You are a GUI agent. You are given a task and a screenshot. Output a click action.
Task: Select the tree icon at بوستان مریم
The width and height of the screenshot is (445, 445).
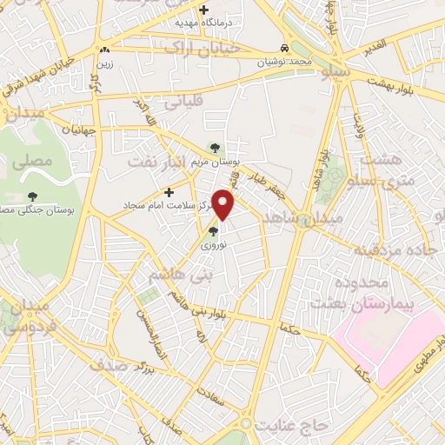click(x=216, y=147)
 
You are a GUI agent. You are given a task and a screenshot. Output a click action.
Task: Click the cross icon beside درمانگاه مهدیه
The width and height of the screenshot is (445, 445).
click(x=204, y=10)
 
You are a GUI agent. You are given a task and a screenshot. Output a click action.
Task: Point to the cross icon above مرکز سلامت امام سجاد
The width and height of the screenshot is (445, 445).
click(x=169, y=192)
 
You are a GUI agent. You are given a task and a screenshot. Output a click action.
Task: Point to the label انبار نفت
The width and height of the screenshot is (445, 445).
click(x=157, y=162)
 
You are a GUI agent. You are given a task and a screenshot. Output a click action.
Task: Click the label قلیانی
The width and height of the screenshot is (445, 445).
click(x=181, y=101)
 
